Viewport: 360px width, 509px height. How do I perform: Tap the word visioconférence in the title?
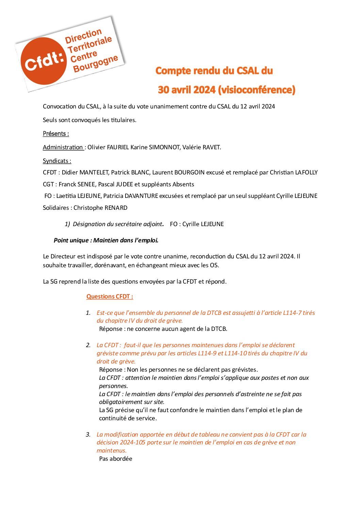pos(256,90)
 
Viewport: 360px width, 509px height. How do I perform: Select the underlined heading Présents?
pos(56,134)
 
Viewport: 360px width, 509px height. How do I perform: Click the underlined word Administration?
pos(63,147)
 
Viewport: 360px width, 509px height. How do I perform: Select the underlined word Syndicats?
pos(57,161)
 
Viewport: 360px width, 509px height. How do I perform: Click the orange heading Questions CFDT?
pos(110,296)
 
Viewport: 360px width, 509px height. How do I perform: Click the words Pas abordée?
pos(116,459)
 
